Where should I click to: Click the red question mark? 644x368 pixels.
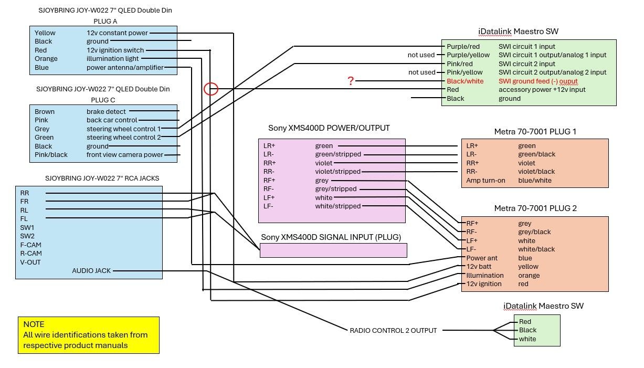(x=351, y=81)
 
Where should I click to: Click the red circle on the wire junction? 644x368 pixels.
(x=211, y=89)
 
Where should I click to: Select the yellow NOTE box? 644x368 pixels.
(x=88, y=335)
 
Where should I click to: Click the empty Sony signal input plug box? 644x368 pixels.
(x=333, y=250)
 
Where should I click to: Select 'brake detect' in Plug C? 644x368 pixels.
(x=106, y=111)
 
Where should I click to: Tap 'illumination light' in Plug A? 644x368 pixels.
(x=112, y=59)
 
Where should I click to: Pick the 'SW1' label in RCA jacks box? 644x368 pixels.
(x=27, y=227)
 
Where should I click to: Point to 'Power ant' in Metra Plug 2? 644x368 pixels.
(x=482, y=258)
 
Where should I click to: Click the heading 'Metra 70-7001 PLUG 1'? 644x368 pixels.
(x=535, y=131)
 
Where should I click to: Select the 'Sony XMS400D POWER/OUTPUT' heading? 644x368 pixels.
(x=329, y=128)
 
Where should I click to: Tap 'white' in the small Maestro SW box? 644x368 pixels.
(x=527, y=339)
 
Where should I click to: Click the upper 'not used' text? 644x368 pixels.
(x=421, y=55)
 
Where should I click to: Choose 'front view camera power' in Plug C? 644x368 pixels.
(x=124, y=154)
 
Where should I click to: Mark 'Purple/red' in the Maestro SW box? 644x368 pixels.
(x=463, y=46)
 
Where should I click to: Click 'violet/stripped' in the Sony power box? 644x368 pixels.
(x=337, y=172)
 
